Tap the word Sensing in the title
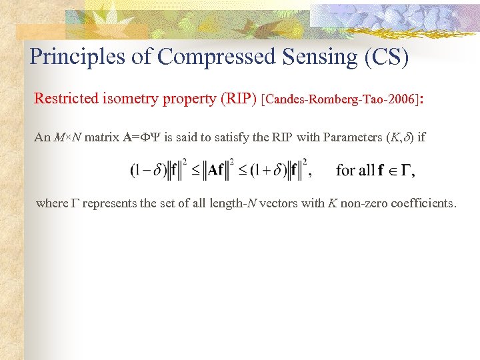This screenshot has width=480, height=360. [315, 57]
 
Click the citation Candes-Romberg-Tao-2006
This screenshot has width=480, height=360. [341, 100]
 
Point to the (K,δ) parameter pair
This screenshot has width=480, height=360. [397, 137]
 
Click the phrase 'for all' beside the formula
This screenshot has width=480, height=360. [355, 171]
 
